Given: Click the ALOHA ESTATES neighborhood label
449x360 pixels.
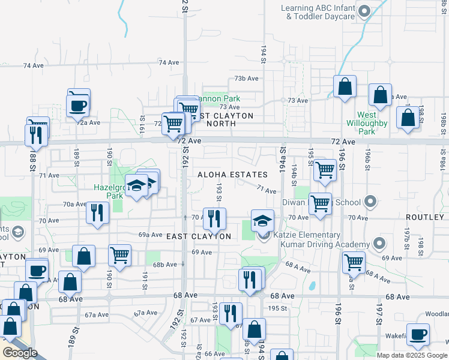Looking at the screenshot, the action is coord(232,175).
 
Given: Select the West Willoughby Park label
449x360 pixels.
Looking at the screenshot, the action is coord(373,123).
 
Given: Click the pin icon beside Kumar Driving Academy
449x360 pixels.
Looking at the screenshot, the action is coord(378,244).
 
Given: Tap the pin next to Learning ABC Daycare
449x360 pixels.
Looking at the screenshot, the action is coord(363,11).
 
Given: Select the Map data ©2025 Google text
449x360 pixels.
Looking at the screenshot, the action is coord(412,355).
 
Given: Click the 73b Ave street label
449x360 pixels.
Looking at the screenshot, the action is coord(246,79).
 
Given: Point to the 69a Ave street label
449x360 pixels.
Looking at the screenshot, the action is coord(151,235).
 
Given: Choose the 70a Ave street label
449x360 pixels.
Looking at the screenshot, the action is coord(74,204).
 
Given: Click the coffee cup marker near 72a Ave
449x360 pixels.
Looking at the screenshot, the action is coord(79,104).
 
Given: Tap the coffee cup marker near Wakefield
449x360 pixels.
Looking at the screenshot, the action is coord(418,335).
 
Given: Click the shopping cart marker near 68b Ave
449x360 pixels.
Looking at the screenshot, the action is coord(120,254).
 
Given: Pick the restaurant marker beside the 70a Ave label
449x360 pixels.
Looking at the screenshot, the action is coord(97,212).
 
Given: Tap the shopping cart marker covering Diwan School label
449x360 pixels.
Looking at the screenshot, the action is coord(321,203).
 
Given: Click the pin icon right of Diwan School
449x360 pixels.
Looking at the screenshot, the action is coord(370,202).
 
